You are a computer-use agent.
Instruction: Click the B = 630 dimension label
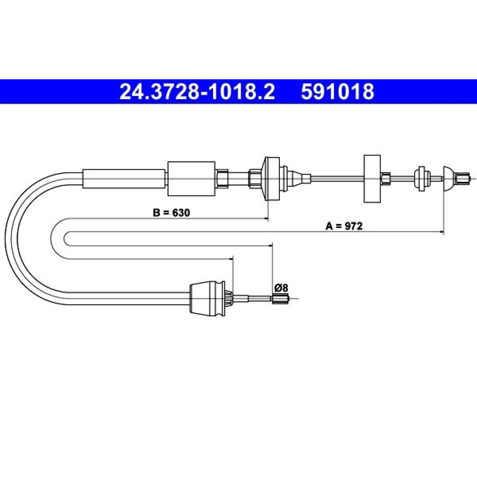[x=171, y=213]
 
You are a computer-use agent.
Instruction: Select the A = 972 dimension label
[x=344, y=226]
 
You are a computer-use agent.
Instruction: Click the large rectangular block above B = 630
[x=191, y=179]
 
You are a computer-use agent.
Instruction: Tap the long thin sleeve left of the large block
[x=124, y=179]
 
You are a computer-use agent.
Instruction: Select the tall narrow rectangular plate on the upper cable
[x=372, y=179]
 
